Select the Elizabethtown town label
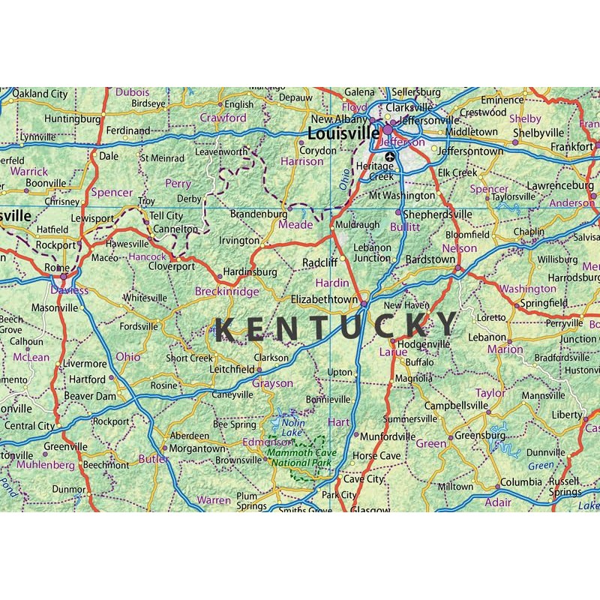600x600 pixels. pos(325,299)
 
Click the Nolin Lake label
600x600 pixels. pos(292,427)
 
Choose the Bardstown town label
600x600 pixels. pos(429,259)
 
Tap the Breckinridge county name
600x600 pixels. pos(226,291)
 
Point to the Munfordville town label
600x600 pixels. pos(388,436)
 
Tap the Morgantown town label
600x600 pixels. pos(194,448)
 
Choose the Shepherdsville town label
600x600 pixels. pos(438,214)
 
